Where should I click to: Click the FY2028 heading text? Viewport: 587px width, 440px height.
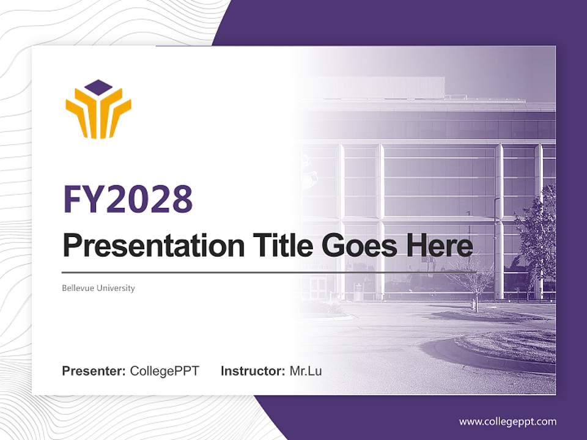click(128, 199)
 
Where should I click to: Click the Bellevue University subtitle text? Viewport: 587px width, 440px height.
click(98, 288)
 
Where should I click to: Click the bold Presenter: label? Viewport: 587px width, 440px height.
click(94, 371)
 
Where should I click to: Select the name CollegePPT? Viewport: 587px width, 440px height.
click(164, 371)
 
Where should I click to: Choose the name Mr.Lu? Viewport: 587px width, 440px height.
click(306, 371)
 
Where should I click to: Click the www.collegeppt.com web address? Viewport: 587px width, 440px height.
click(508, 422)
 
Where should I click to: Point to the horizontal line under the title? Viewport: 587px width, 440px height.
click(269, 272)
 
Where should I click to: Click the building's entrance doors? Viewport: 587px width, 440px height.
click(318, 287)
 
